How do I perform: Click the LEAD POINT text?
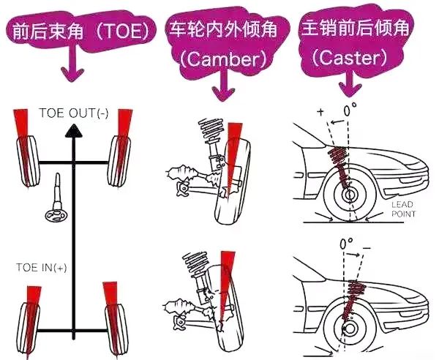pyautogui.click(x=403, y=209)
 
